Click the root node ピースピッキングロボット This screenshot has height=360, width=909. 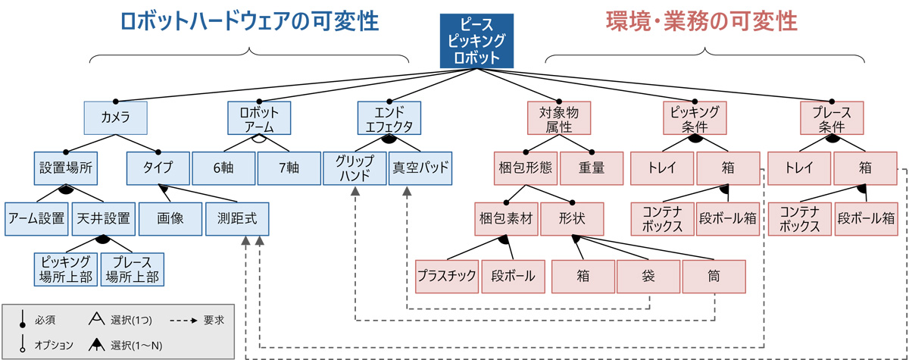[x=476, y=40]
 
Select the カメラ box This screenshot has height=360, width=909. [x=115, y=117]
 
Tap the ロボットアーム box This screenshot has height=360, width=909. [x=259, y=117]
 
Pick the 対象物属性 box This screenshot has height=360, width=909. [x=559, y=117]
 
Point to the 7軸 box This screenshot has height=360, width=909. [x=289, y=168]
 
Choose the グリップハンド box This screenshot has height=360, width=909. [x=355, y=168]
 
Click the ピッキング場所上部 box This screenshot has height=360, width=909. [x=67, y=269]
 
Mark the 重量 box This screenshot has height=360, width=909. [x=592, y=168]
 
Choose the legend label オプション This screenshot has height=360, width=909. [x=55, y=346]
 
